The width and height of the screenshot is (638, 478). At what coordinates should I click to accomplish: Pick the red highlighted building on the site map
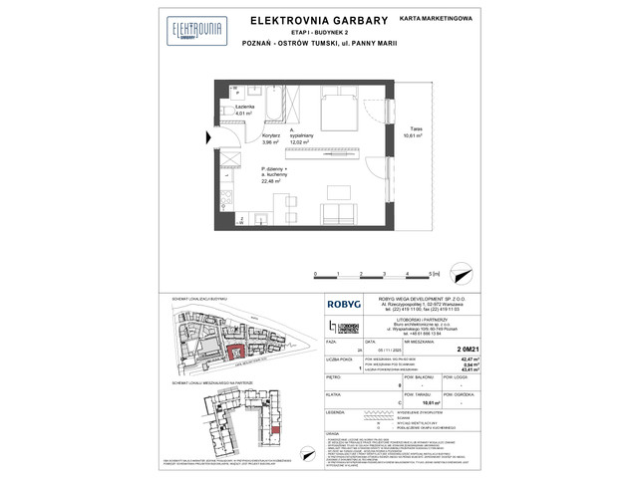point(234,351)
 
